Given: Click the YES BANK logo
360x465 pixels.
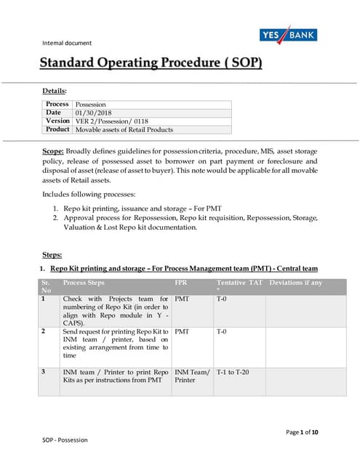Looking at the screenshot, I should click(x=288, y=35).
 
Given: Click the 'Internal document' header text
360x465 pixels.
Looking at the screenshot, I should click(x=67, y=43).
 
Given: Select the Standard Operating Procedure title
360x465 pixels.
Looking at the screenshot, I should click(x=151, y=62).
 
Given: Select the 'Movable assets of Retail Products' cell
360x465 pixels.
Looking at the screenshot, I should click(x=124, y=129).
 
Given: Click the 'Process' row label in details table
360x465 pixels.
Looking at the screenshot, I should click(x=57, y=105).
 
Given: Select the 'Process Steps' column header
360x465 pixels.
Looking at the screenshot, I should click(x=84, y=283).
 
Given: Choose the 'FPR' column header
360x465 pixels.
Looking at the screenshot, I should click(x=181, y=283).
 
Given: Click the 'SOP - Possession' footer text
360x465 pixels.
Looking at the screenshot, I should click(x=65, y=440).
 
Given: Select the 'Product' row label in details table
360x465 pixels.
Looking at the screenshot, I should click(x=57, y=129).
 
